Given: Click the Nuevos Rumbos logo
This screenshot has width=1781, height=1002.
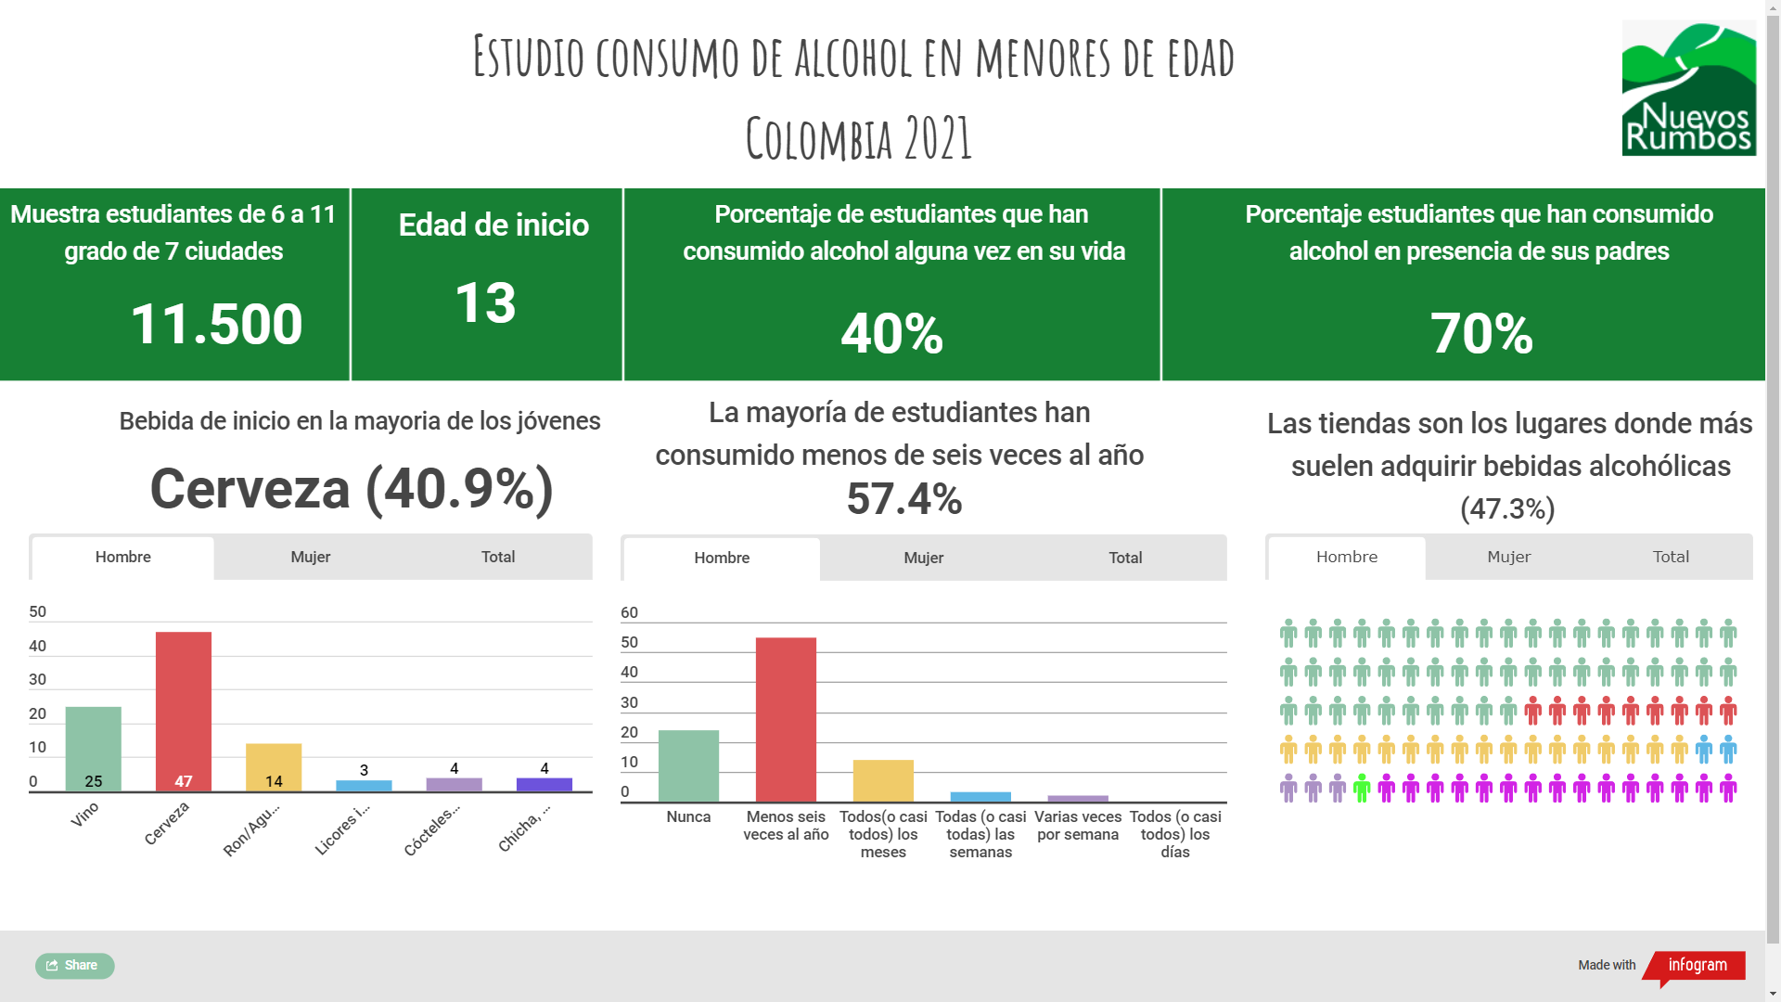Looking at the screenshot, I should (1687, 89).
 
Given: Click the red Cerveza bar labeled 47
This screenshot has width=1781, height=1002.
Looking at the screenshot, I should (184, 711).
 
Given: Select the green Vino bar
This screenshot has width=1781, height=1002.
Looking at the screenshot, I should (93, 748).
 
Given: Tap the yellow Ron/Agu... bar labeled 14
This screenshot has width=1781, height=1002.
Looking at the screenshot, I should (274, 766).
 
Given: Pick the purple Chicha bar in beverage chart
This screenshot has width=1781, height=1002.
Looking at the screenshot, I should (544, 784).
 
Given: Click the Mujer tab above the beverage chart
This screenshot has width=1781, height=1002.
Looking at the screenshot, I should (310, 557).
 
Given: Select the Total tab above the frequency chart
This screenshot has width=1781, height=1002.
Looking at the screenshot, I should (1125, 558).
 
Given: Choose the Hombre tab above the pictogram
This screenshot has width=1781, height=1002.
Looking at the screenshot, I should (1346, 557).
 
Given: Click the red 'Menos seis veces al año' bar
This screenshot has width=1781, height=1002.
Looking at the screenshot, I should (786, 719).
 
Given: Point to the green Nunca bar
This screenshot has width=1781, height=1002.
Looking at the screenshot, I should (688, 765).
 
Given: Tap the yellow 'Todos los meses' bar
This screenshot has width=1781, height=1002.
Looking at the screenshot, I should (883, 780).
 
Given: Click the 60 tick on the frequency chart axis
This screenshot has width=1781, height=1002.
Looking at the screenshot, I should (629, 612).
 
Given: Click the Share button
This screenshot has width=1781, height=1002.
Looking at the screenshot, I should (74, 966).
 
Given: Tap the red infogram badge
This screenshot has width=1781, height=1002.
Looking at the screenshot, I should (1697, 965).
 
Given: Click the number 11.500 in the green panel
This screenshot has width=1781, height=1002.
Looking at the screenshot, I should (216, 325).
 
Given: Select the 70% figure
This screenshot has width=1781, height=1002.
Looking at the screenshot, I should (1480, 333).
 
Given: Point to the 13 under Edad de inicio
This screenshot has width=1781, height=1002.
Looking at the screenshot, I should (485, 302).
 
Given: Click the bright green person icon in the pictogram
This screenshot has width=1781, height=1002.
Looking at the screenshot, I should (1361, 789).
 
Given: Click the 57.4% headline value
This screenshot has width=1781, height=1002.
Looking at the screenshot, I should (903, 499).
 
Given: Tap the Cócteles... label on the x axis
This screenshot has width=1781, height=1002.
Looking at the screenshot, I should (431, 830).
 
